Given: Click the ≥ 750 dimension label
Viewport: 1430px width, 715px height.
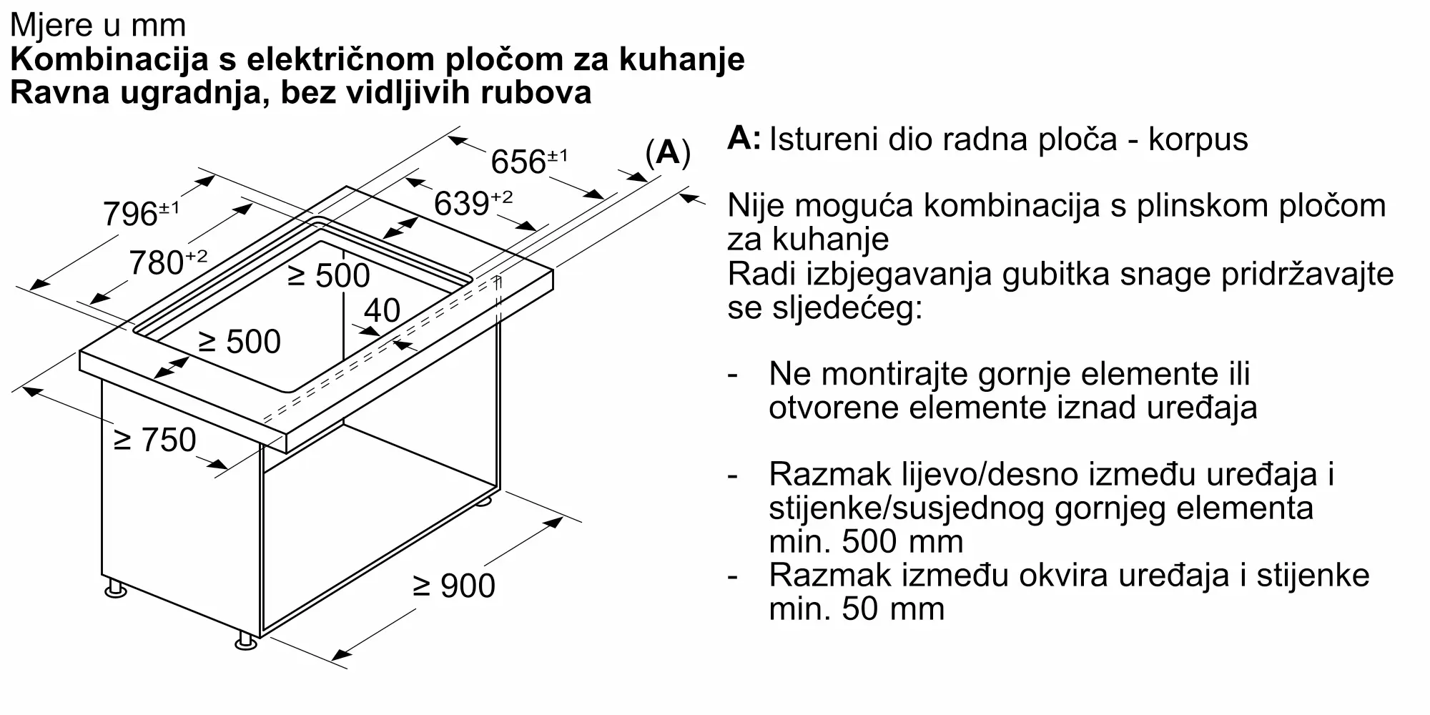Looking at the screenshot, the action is (x=155, y=440).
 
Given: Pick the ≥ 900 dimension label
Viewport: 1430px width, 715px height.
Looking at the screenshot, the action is (x=454, y=586).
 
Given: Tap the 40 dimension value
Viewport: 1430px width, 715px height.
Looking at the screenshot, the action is (x=382, y=310).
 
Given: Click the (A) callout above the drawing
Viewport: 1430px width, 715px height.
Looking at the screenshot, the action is (x=668, y=152).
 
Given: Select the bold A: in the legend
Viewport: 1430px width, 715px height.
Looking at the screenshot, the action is (x=744, y=138).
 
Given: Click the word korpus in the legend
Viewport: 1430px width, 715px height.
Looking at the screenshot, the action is (x=1198, y=139).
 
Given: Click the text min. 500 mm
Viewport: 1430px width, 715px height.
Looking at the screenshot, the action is (x=866, y=541).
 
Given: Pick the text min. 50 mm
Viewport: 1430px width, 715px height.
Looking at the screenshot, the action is (x=857, y=608).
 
